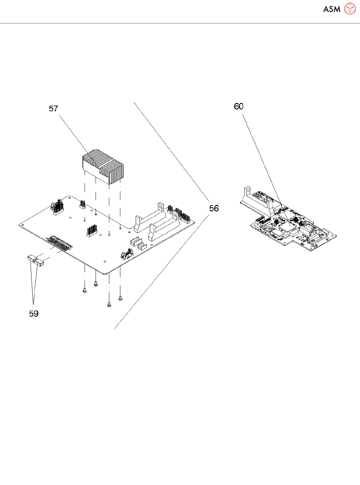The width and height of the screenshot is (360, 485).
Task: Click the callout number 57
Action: (53, 109)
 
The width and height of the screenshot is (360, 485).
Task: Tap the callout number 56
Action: (214, 209)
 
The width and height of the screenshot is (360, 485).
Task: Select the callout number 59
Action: (34, 314)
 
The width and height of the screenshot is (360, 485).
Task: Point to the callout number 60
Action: (239, 106)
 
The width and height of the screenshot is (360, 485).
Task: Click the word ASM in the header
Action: (332, 9)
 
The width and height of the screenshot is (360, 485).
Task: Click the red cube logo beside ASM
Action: (350, 9)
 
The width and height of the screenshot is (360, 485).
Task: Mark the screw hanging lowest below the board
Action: (109, 304)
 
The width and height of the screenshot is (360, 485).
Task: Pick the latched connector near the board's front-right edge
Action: (124, 255)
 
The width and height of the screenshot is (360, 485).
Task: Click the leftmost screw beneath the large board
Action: (85, 290)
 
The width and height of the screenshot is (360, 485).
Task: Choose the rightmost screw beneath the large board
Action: (120, 298)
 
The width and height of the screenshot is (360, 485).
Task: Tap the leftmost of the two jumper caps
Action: (31, 258)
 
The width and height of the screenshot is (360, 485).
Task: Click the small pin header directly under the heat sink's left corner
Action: (83, 205)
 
